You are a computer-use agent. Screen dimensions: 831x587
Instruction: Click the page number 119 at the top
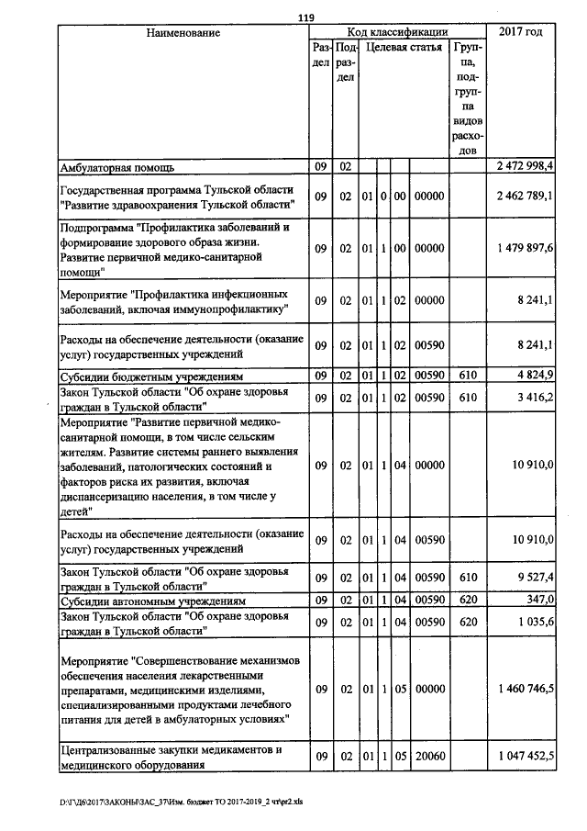click(x=306, y=17)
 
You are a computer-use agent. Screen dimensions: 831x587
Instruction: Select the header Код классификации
click(x=397, y=32)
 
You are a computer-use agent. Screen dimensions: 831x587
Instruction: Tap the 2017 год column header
click(x=520, y=33)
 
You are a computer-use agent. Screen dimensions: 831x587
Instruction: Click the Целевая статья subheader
click(x=402, y=46)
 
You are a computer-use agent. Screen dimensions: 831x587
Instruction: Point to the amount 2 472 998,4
click(x=525, y=167)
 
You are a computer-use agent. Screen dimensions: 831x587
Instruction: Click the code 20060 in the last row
click(x=429, y=755)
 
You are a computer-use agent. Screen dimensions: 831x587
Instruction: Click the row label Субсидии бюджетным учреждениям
click(x=151, y=376)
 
